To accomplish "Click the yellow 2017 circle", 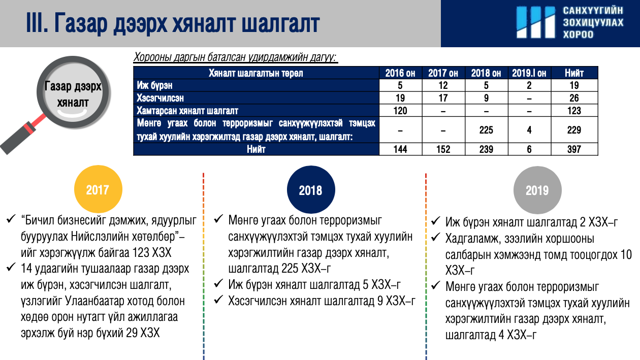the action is click(x=98, y=189).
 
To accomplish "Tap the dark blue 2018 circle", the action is click(x=311, y=190).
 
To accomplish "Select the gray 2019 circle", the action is click(x=537, y=190).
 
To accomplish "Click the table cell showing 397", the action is click(x=574, y=149).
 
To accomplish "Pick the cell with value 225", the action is click(x=486, y=130).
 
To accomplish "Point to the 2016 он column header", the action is click(x=400, y=73).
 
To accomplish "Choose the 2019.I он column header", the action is click(x=529, y=73).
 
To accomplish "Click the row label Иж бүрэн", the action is click(x=154, y=85).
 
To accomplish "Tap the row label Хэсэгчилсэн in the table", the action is click(x=160, y=98).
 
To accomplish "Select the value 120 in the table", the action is click(x=400, y=111).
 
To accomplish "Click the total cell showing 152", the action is click(x=443, y=149).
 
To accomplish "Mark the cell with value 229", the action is click(x=574, y=130).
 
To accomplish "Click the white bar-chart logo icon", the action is click(x=536, y=22).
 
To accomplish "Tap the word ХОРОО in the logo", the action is click(x=578, y=35).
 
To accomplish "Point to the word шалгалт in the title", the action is click(x=280, y=23).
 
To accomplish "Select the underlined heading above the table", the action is click(x=236, y=57).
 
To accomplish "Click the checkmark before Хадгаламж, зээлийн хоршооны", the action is click(x=436, y=237).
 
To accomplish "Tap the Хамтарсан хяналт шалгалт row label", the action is click(x=187, y=111).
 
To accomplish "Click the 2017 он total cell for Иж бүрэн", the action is click(x=443, y=85).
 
